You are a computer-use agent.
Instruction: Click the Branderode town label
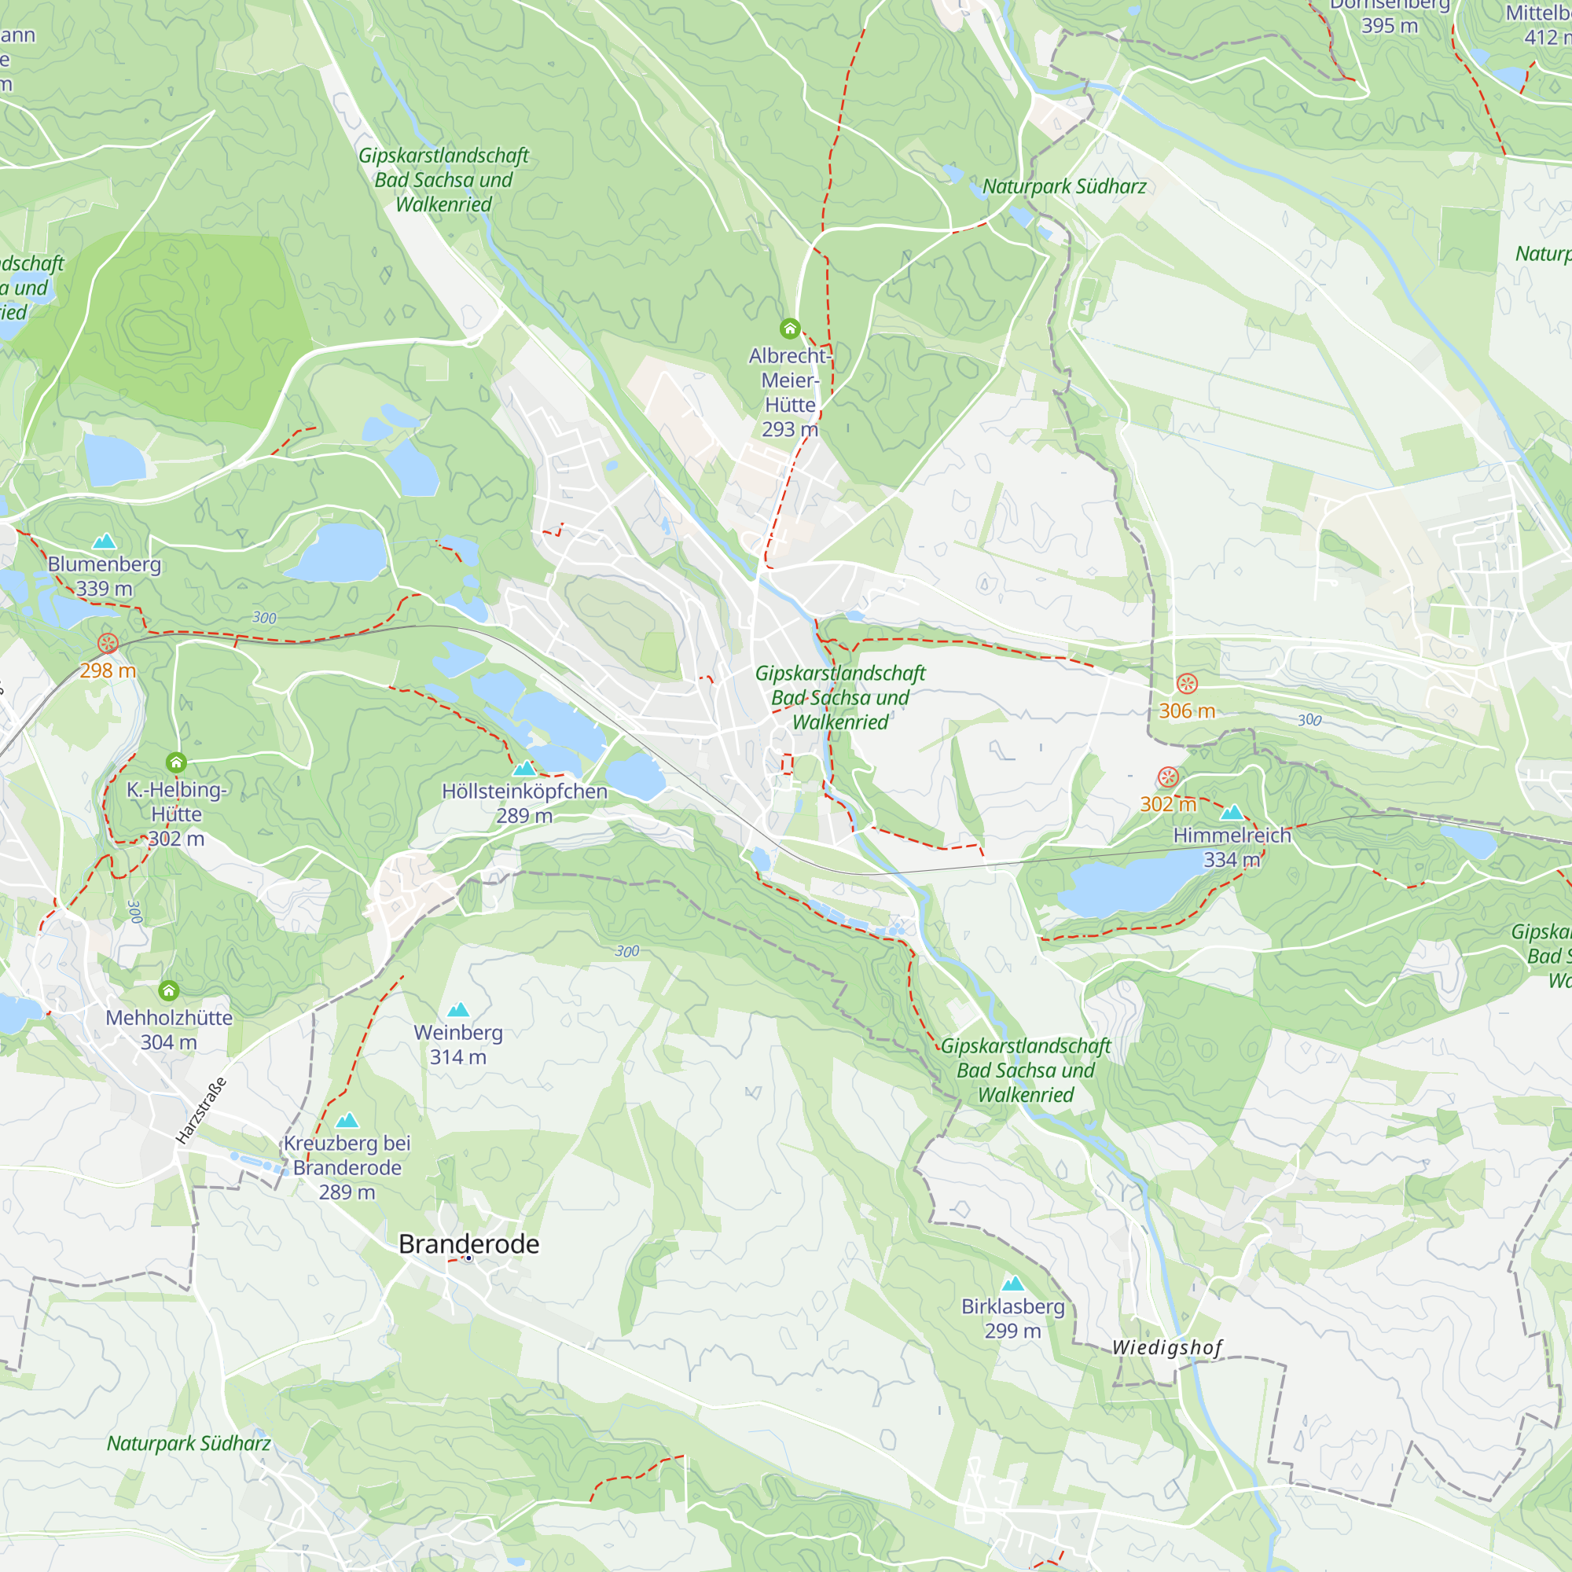pyautogui.click(x=468, y=1243)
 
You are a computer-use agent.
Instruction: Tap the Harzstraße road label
pyautogui.click(x=201, y=1111)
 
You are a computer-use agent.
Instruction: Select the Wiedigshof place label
pyautogui.click(x=1166, y=1347)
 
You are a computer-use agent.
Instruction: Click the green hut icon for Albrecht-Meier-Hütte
pyautogui.click(x=789, y=329)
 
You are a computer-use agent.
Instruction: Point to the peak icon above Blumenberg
pyautogui.click(x=105, y=541)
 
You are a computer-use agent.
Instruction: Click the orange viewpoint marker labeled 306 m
pyautogui.click(x=1187, y=684)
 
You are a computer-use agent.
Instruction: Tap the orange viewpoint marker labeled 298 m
pyautogui.click(x=108, y=644)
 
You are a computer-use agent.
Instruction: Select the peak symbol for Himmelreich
pyautogui.click(x=1232, y=812)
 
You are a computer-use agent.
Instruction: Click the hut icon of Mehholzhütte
pyautogui.click(x=168, y=990)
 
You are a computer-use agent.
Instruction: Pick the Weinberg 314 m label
pyautogui.click(x=458, y=1044)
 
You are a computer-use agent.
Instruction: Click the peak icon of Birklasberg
pyautogui.click(x=1012, y=1284)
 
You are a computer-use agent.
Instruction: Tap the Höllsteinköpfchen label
pyautogui.click(x=524, y=791)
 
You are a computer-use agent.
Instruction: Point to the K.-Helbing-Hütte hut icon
pyautogui.click(x=176, y=762)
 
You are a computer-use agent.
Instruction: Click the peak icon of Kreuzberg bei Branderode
pyautogui.click(x=347, y=1120)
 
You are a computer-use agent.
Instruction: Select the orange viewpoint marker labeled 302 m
pyautogui.click(x=1168, y=777)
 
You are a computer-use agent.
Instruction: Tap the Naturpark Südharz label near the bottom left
pyautogui.click(x=189, y=1443)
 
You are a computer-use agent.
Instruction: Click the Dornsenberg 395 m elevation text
pyautogui.click(x=1390, y=26)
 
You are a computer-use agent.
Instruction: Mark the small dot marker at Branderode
pyautogui.click(x=468, y=1258)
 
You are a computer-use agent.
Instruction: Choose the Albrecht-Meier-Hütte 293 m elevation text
pyautogui.click(x=789, y=430)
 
